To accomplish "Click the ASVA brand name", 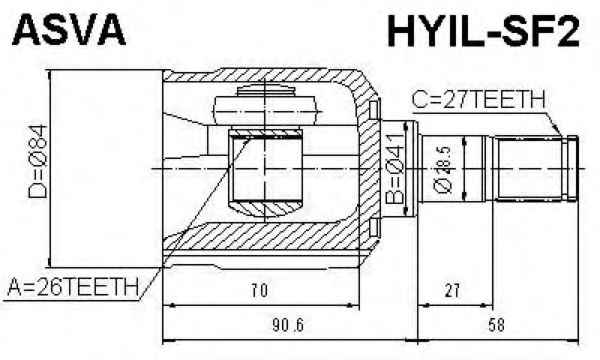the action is point(69,30).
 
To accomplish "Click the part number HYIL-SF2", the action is point(483,31).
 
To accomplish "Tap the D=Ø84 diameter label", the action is point(38,161).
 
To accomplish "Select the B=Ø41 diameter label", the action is point(394,169).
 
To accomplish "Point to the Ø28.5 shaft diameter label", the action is point(442,169).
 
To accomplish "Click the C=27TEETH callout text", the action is point(478,100).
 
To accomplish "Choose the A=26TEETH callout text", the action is point(73,287).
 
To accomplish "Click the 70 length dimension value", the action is point(259,291).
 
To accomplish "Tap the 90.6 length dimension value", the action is point(288,326).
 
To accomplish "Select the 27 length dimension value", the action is point(452,291).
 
